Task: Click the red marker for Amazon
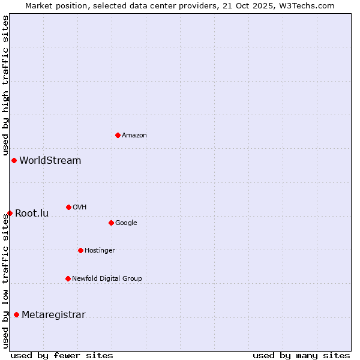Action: tap(118, 135)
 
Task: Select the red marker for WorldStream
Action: tap(14, 160)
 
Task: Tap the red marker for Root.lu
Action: tap(10, 213)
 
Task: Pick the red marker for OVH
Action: tap(68, 207)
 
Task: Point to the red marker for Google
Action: tap(111, 223)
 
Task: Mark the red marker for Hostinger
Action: tap(80, 250)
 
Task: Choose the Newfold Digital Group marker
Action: tap(68, 278)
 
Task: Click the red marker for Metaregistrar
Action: tap(16, 314)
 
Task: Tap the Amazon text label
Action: tap(134, 136)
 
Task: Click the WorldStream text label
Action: tap(50, 161)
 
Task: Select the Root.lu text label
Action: tap(32, 214)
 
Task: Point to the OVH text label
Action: tap(80, 208)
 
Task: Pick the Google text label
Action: tap(126, 223)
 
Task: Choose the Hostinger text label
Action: tap(100, 251)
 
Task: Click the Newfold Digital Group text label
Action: tap(107, 279)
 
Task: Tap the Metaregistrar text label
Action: tap(53, 315)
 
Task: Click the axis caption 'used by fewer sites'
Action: tap(62, 355)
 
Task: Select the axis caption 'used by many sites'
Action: tap(301, 355)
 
